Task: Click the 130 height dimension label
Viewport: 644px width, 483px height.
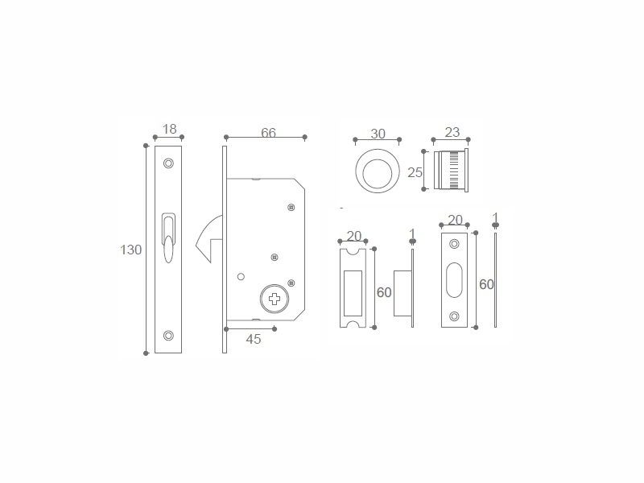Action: (130, 250)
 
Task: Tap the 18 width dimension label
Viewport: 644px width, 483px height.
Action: (169, 129)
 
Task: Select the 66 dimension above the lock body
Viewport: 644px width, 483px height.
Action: (268, 133)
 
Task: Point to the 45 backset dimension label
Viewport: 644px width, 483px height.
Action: (254, 339)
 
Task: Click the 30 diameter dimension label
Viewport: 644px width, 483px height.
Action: (378, 134)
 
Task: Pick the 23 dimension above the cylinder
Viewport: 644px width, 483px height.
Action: (452, 132)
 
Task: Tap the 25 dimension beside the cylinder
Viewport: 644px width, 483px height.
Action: (415, 172)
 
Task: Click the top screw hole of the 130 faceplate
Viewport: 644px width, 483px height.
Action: (168, 163)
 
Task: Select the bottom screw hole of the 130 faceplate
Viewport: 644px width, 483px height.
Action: (168, 336)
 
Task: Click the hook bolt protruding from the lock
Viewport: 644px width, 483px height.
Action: (209, 240)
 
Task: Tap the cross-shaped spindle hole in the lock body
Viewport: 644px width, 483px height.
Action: (275, 299)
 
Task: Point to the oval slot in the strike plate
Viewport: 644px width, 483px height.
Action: (454, 280)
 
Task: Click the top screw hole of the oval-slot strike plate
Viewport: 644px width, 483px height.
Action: (454, 244)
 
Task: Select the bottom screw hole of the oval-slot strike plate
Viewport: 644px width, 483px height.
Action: (454, 316)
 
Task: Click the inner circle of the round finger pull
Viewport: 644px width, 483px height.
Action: (377, 171)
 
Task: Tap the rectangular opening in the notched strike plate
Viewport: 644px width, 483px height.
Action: (353, 293)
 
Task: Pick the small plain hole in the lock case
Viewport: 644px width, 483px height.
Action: (241, 277)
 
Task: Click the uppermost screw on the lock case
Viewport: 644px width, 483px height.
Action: (291, 208)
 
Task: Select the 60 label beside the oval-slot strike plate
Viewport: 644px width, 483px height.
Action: (487, 284)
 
